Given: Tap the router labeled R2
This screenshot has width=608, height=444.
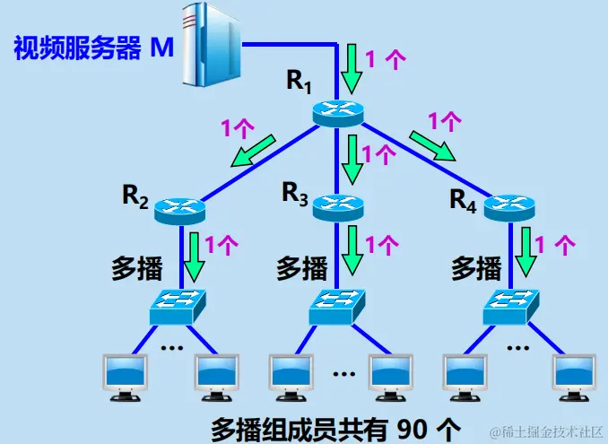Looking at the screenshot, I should pos(179,211).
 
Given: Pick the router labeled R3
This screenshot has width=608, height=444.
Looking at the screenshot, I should pos(337,207).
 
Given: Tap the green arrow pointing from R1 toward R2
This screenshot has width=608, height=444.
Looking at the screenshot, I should pos(252,151).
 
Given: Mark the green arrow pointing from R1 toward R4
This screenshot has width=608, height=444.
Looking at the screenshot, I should pos(432,144).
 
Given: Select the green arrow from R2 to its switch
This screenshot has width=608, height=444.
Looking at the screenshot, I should pos(195,257).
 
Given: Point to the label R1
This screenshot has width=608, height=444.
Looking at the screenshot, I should pos(299,81).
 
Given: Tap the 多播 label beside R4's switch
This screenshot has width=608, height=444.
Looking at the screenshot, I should pos(475,267).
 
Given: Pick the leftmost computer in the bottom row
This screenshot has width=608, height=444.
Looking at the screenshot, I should pos(126,375).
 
